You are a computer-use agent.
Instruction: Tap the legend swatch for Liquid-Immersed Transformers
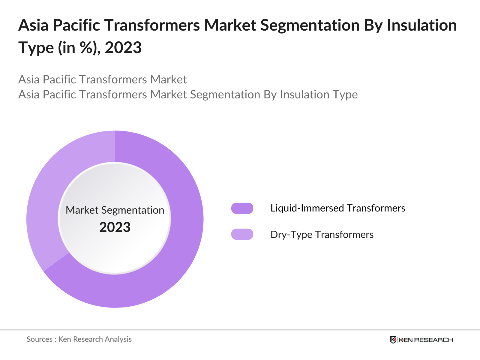tap(242, 208)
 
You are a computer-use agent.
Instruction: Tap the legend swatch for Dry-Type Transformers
tap(242, 234)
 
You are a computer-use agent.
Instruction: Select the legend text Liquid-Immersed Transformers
tap(337, 208)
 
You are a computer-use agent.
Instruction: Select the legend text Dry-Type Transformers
tap(322, 234)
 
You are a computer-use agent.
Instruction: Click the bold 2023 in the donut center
tap(115, 227)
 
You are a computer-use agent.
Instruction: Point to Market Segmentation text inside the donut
tap(115, 210)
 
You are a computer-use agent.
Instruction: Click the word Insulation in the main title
tap(421, 25)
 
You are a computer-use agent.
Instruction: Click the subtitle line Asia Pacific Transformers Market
tap(102, 79)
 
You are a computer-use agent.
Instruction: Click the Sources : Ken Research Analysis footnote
tap(79, 339)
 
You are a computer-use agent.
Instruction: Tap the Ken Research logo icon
tap(393, 340)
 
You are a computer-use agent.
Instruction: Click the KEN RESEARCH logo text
tap(425, 340)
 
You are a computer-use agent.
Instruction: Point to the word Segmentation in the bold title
tap(310, 25)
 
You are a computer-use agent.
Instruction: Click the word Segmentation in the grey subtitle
tap(225, 95)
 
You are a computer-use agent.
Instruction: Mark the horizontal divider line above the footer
tap(240, 330)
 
